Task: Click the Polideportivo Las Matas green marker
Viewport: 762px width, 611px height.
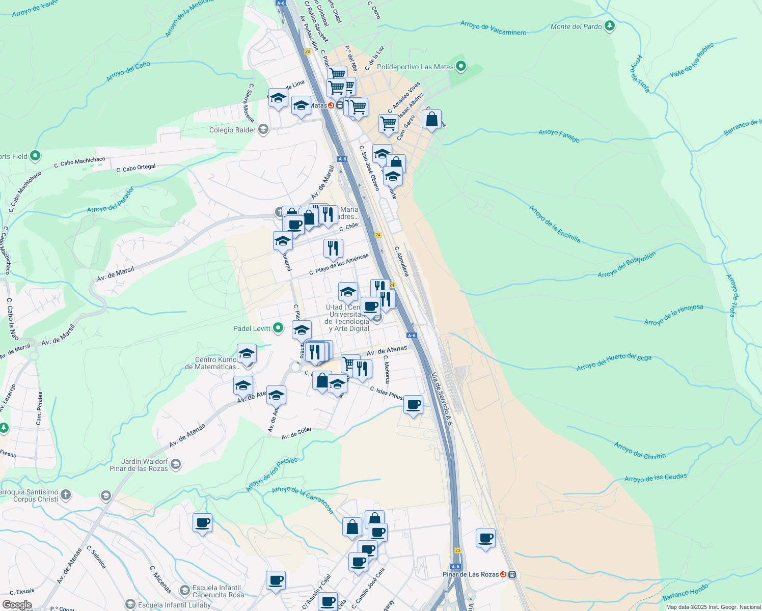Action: point(461,66)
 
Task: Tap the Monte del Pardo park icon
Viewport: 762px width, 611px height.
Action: point(610,26)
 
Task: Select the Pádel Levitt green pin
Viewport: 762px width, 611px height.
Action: point(278,328)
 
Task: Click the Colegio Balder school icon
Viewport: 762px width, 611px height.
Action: point(263,129)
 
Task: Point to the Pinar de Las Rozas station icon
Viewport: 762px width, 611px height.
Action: point(512,574)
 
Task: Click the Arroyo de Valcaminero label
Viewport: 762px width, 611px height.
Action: point(493,28)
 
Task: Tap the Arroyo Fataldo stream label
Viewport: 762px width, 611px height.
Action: point(559,135)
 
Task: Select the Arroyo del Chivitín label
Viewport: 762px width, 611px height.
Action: point(640,451)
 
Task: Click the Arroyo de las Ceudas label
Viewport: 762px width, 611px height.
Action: point(656,478)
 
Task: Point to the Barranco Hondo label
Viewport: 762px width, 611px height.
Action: point(685,594)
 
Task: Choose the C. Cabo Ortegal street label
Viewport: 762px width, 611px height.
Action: point(136,168)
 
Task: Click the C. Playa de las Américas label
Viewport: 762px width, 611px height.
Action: point(339,264)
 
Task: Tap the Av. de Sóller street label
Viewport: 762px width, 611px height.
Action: point(296,433)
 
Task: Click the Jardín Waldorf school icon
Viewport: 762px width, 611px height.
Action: point(176,464)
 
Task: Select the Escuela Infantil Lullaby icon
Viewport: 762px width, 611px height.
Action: point(130,605)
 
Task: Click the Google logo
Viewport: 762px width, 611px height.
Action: point(17,605)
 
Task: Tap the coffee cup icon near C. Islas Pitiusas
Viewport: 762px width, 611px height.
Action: point(413,405)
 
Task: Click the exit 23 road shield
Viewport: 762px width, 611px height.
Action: point(457,550)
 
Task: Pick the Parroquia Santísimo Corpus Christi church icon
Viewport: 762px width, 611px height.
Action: point(66,494)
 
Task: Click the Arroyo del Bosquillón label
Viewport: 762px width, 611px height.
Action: point(627,265)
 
